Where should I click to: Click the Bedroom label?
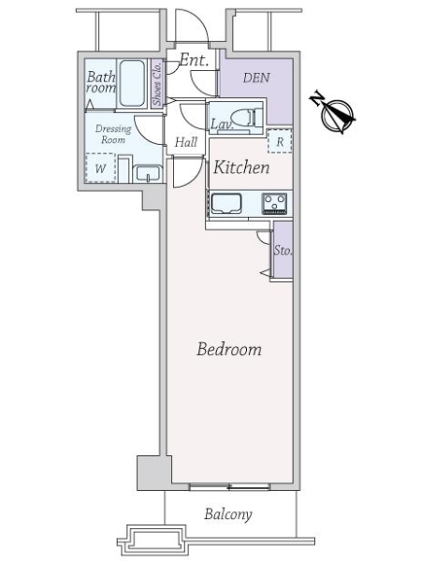(x=229, y=349)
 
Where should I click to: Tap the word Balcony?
(x=228, y=514)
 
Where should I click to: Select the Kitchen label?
(x=241, y=167)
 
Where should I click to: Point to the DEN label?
(x=256, y=78)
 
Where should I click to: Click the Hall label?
(x=186, y=142)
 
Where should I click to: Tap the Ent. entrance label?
(x=194, y=60)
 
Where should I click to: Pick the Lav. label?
(x=222, y=124)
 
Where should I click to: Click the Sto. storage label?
(x=283, y=251)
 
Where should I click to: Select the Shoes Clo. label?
(x=157, y=83)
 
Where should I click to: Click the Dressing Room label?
(x=113, y=134)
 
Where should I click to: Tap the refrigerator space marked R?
(x=280, y=141)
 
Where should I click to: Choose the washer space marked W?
(x=101, y=168)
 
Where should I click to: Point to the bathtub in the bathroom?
(x=132, y=83)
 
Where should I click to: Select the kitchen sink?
(x=226, y=204)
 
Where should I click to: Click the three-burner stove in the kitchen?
(x=274, y=204)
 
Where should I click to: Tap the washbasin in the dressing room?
(x=148, y=174)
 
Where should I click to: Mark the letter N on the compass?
(x=317, y=99)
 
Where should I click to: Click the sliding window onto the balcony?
(x=229, y=487)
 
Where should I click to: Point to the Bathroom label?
(x=101, y=82)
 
